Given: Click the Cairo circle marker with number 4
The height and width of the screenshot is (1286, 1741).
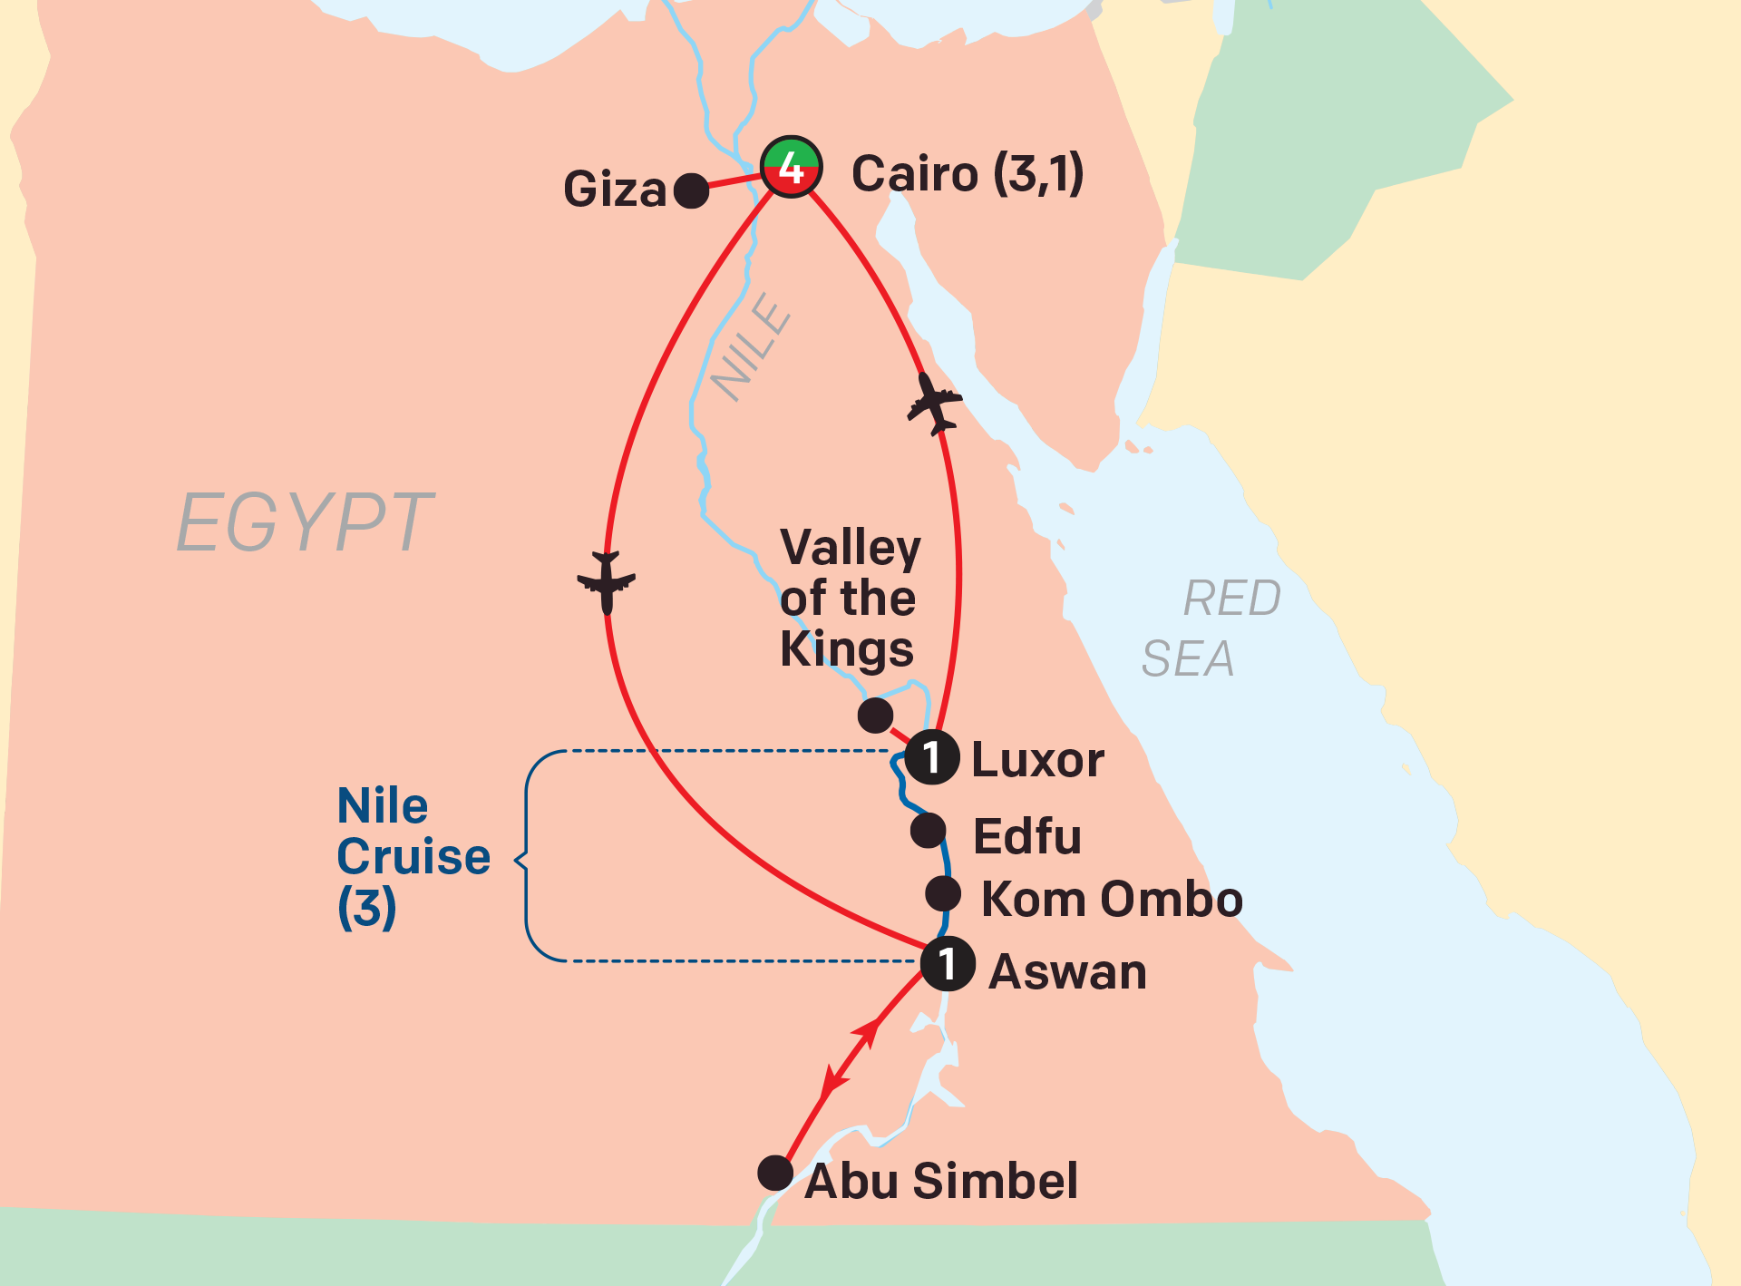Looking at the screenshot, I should coord(791,168).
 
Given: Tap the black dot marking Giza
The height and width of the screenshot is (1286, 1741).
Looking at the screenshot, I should coord(691,190).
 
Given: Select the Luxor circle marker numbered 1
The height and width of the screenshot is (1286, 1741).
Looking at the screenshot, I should coord(931,756).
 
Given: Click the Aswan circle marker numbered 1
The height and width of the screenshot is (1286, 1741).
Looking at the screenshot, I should coord(948,963).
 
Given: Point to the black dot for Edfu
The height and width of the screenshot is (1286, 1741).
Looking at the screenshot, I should coord(928,830).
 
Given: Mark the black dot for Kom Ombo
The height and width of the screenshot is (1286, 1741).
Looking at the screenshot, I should coord(943,893).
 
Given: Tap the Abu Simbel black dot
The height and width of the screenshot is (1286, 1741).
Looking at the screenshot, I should coord(775,1173).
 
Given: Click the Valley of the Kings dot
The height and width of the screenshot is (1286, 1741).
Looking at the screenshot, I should coord(875,715).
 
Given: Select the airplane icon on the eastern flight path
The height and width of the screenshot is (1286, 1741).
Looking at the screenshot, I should coord(934,404).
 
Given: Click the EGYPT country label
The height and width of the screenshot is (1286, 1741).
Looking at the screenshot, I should coord(306,522).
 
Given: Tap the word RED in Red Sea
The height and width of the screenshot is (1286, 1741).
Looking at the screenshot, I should coord(1231,599).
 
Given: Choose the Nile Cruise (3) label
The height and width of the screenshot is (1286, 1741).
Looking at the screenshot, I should coord(413,856).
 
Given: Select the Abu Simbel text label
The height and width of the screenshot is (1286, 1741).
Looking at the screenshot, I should coord(941,1181).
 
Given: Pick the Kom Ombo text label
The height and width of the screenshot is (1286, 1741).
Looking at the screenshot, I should coord(1112,899).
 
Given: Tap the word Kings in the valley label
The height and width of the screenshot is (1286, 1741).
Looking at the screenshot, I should coord(847,649).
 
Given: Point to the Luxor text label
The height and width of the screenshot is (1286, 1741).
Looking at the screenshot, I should coord(1037,760).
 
